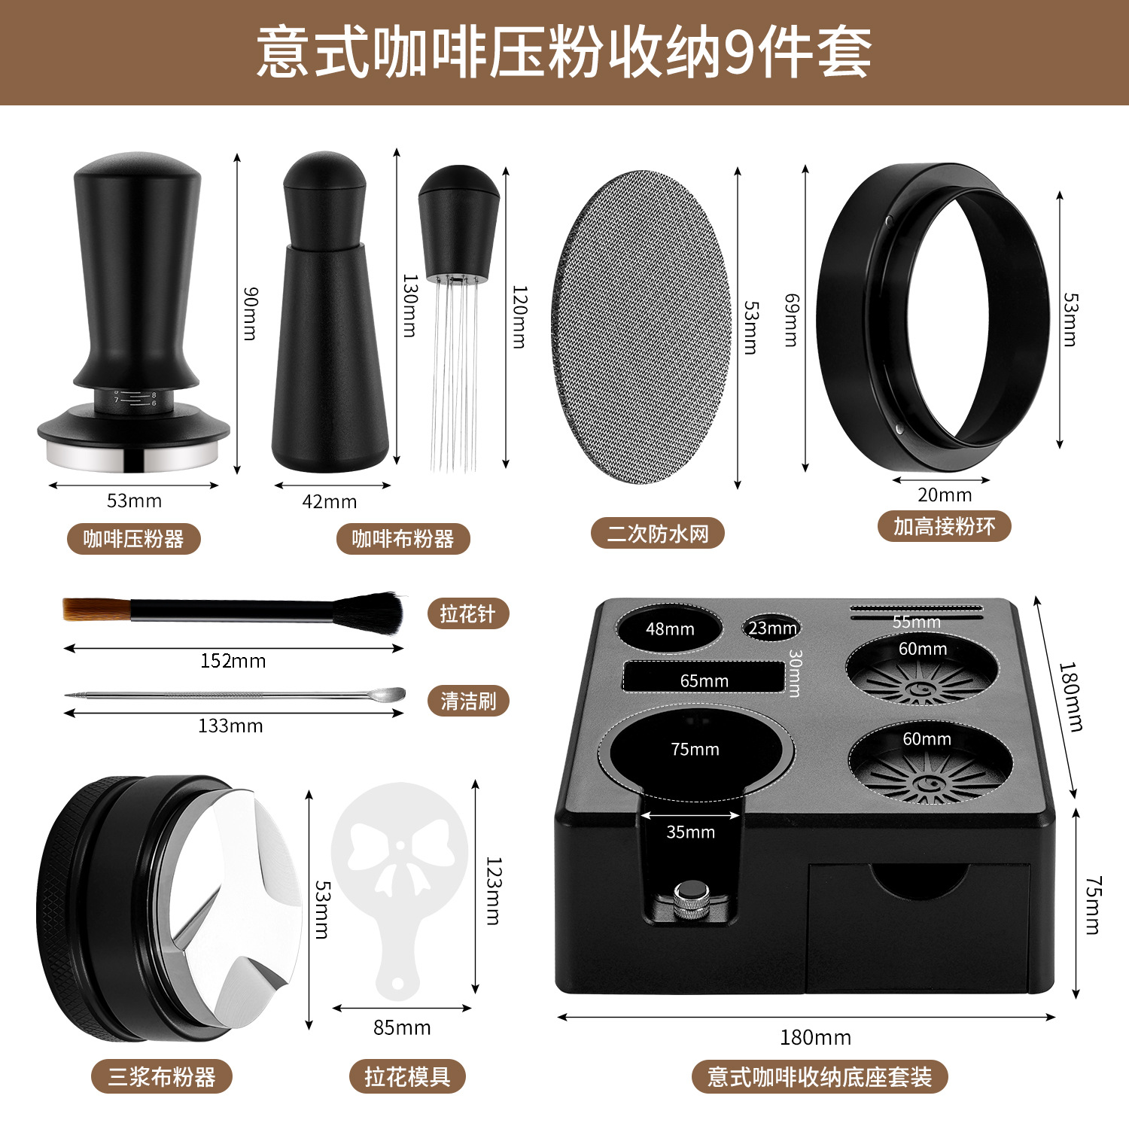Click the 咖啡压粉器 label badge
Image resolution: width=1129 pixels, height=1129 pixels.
click(x=134, y=539)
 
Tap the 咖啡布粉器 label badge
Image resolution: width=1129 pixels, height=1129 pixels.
click(x=403, y=539)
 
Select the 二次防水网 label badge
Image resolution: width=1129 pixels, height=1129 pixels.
click(x=658, y=533)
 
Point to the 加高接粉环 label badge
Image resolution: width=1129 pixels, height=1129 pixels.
click(x=944, y=525)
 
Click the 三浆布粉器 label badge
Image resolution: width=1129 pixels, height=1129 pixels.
click(x=162, y=1077)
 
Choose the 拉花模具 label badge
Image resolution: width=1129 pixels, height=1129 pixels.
click(x=407, y=1077)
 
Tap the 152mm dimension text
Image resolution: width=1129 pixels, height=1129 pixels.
click(x=233, y=661)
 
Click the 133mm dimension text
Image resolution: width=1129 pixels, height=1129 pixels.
click(x=230, y=726)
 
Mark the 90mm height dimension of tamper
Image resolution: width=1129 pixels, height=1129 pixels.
click(x=251, y=314)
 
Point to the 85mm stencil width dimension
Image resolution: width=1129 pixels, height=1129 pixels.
click(x=402, y=1027)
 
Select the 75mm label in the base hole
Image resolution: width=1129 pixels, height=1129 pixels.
click(x=695, y=750)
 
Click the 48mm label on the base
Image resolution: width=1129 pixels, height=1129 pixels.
click(x=670, y=629)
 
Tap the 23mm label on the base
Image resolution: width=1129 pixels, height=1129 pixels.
click(x=772, y=628)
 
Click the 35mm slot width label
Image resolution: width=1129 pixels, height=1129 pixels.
click(x=690, y=832)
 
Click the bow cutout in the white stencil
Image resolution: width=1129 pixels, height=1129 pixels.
click(x=400, y=858)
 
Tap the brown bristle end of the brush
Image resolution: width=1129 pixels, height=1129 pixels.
click(x=96, y=609)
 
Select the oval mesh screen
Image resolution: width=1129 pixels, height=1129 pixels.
click(x=641, y=327)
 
